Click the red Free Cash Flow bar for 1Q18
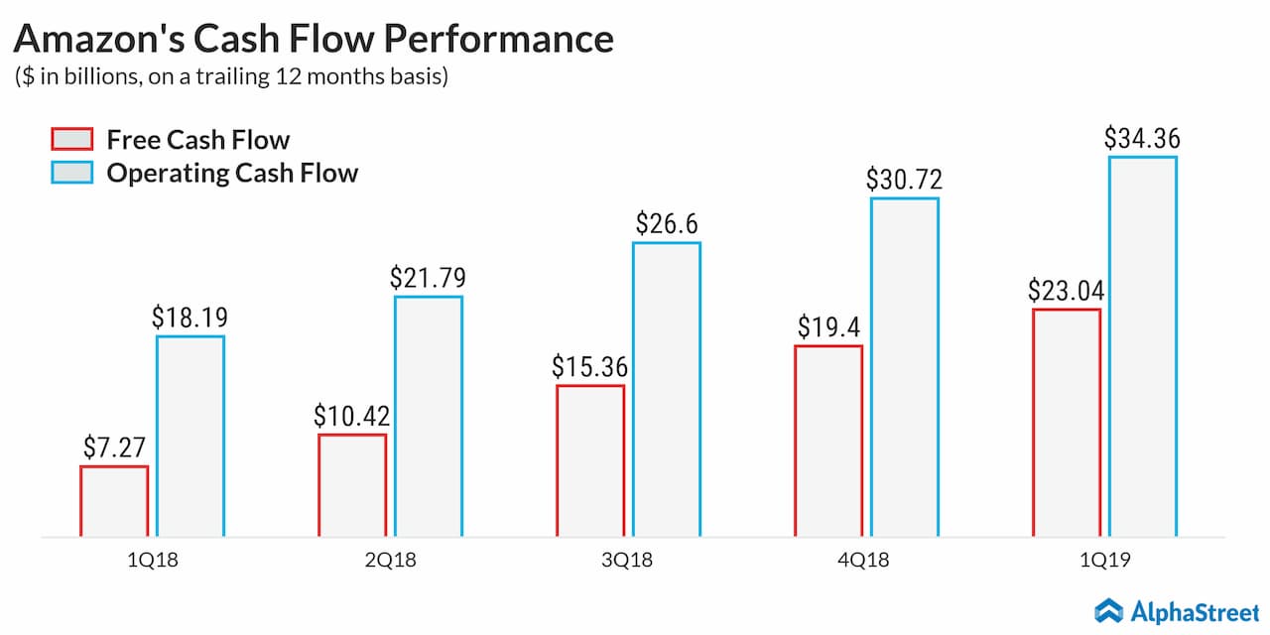point(114,501)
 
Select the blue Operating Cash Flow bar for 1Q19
point(1143,346)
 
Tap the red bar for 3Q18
point(590,461)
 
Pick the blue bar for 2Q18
point(429,417)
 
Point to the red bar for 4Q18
point(828,442)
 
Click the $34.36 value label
point(1142,138)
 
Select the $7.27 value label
point(115,447)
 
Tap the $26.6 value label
point(666,224)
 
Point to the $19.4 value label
point(828,327)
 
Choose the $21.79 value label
point(428,278)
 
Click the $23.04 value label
point(1067,291)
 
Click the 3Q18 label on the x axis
point(628,561)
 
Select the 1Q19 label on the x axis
point(1105,561)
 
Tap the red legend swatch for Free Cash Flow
point(71,139)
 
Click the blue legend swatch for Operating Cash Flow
point(71,173)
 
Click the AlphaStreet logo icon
point(1108,610)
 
